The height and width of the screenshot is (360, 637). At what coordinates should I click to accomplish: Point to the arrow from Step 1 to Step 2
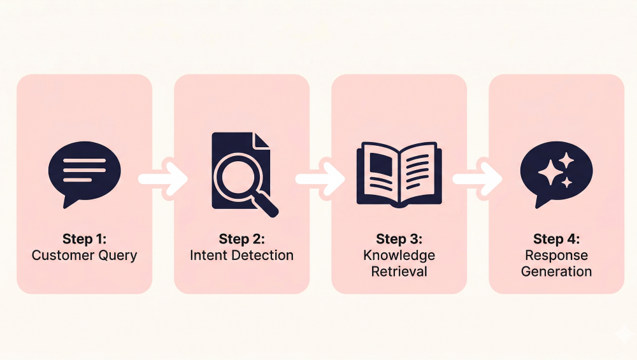(163, 179)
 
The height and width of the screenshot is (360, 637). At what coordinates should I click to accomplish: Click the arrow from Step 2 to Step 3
(320, 179)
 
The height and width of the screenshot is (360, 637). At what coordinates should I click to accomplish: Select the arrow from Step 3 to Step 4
(478, 179)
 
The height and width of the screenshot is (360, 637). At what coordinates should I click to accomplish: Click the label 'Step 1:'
(84, 240)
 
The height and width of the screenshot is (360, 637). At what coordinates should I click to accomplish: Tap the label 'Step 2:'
(241, 240)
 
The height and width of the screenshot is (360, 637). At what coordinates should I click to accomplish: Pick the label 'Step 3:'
(399, 240)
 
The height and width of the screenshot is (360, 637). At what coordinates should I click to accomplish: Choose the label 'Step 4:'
(556, 240)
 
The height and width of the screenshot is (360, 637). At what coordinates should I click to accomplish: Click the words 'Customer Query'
(84, 256)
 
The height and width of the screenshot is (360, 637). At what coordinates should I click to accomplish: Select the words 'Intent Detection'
(241, 256)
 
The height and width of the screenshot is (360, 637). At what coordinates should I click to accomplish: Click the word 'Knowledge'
(399, 256)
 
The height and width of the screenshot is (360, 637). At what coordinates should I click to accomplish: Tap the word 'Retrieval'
(399, 271)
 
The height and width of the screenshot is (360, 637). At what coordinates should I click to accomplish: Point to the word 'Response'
(556, 256)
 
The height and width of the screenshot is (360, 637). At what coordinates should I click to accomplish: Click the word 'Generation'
(556, 271)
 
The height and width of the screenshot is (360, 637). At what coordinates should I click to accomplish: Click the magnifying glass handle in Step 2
(267, 203)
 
